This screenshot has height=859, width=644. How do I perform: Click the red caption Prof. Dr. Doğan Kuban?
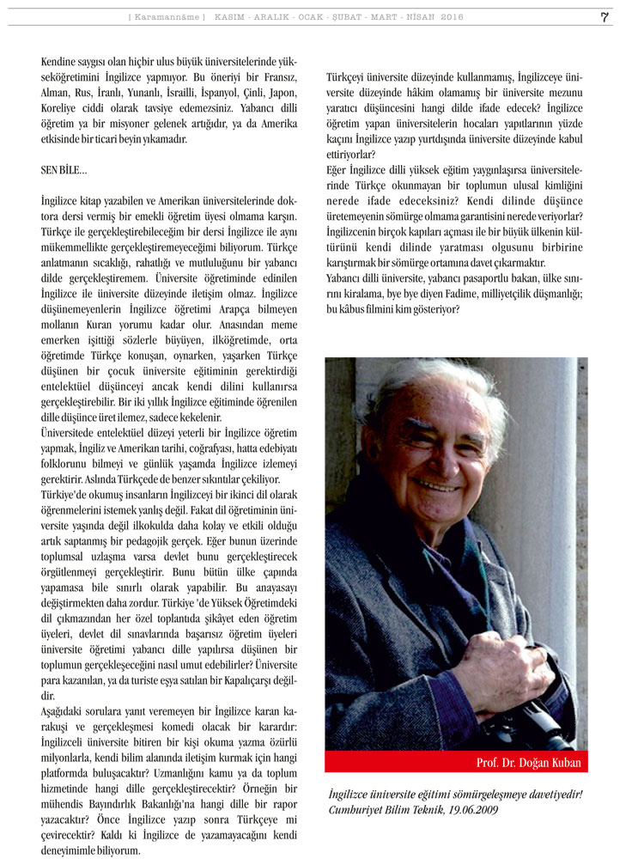[528, 763]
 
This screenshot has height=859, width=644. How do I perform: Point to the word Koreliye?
[63, 108]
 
